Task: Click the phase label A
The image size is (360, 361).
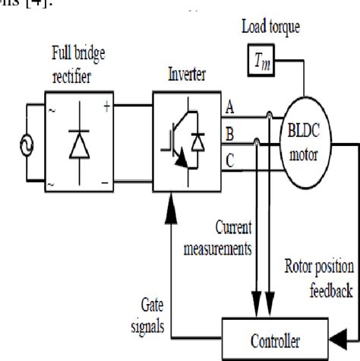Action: coord(230,109)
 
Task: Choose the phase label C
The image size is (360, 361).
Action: coord(230,160)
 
